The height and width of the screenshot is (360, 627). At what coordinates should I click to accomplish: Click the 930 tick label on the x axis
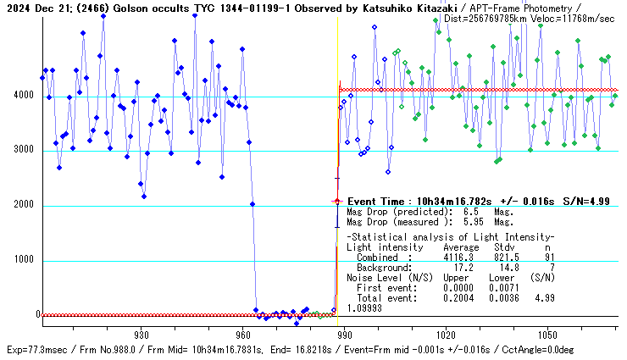click(141, 335)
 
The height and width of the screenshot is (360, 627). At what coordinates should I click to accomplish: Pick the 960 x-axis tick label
click(242, 335)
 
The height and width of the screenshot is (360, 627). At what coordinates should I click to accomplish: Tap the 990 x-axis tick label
click(344, 335)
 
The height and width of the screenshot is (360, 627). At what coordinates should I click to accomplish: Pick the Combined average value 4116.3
click(458, 257)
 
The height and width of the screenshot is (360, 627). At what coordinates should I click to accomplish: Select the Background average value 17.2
click(463, 266)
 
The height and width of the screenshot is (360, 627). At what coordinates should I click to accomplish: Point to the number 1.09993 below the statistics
click(366, 308)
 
